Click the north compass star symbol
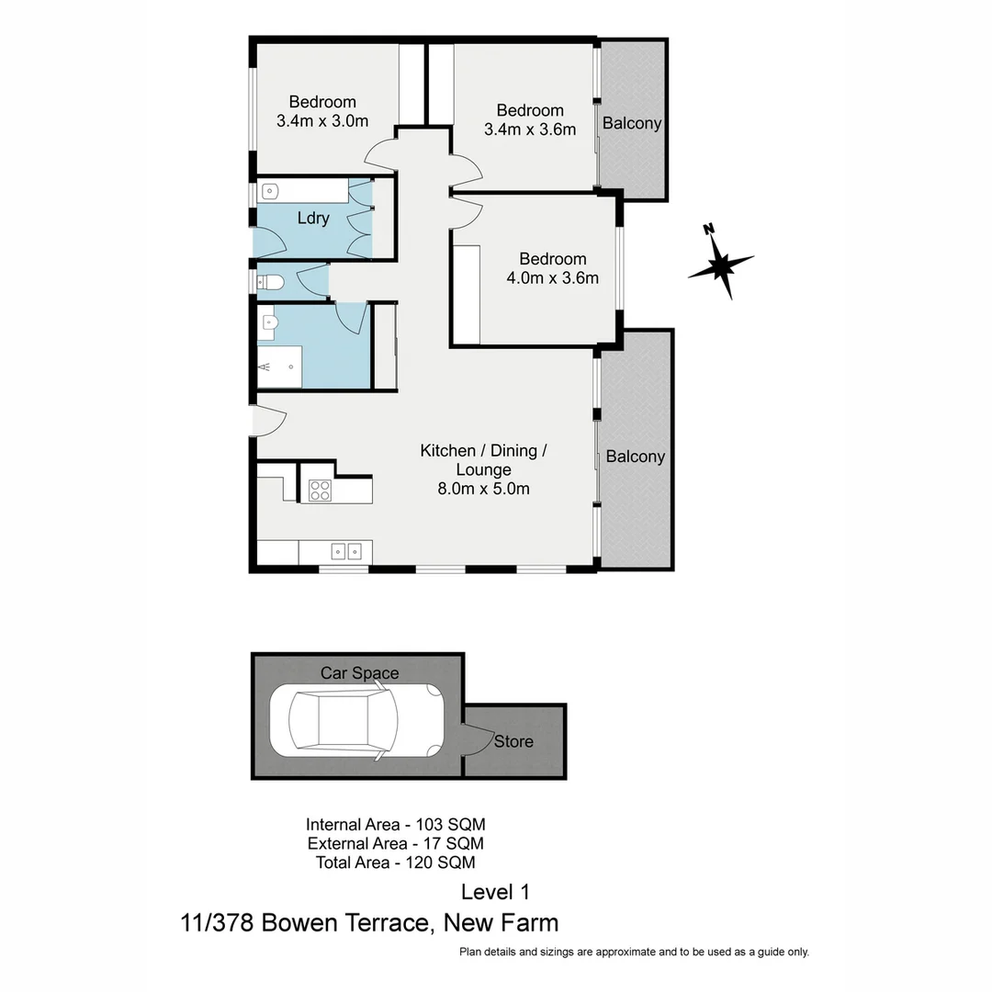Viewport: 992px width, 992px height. pyautogui.click(x=722, y=265)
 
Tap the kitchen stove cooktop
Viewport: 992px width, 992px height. pyautogui.click(x=320, y=490)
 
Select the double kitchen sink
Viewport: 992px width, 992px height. pyautogui.click(x=346, y=551)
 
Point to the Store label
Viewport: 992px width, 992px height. pyautogui.click(x=513, y=741)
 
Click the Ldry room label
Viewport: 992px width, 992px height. pyautogui.click(x=313, y=219)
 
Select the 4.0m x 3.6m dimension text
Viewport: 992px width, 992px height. pyautogui.click(x=552, y=277)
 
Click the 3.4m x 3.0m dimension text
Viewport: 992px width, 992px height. pyautogui.click(x=322, y=120)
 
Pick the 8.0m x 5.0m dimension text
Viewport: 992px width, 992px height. pyautogui.click(x=483, y=489)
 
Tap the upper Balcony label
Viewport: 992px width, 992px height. pyautogui.click(x=632, y=123)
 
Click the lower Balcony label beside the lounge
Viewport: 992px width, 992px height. pyautogui.click(x=636, y=457)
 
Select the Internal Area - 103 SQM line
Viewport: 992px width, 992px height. pyautogui.click(x=395, y=824)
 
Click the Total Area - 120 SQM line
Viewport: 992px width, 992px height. pyautogui.click(x=395, y=862)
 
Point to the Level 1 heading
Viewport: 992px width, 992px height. pyautogui.click(x=495, y=891)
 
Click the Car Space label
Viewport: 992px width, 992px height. pyautogui.click(x=359, y=673)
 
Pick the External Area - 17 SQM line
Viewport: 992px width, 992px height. pyautogui.click(x=395, y=843)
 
